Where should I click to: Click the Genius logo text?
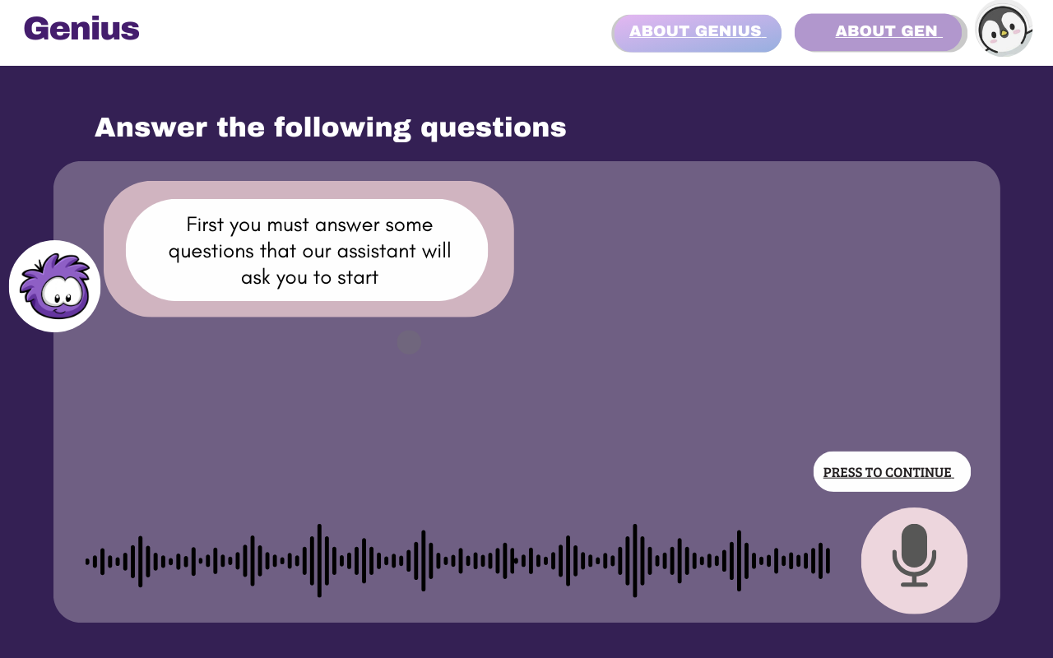click(81, 29)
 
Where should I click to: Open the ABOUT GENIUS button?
click(696, 33)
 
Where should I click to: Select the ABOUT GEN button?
click(880, 32)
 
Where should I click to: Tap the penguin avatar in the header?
click(1004, 29)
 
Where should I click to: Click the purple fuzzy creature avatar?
click(55, 286)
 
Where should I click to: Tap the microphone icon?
click(914, 555)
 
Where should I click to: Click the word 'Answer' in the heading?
click(151, 127)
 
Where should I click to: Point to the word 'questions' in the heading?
click(494, 128)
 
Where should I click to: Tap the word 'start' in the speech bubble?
click(358, 277)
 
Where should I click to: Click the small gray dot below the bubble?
click(409, 342)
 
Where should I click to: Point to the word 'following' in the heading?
click(342, 128)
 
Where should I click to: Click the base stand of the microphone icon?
click(914, 584)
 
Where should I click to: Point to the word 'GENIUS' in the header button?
click(728, 31)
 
